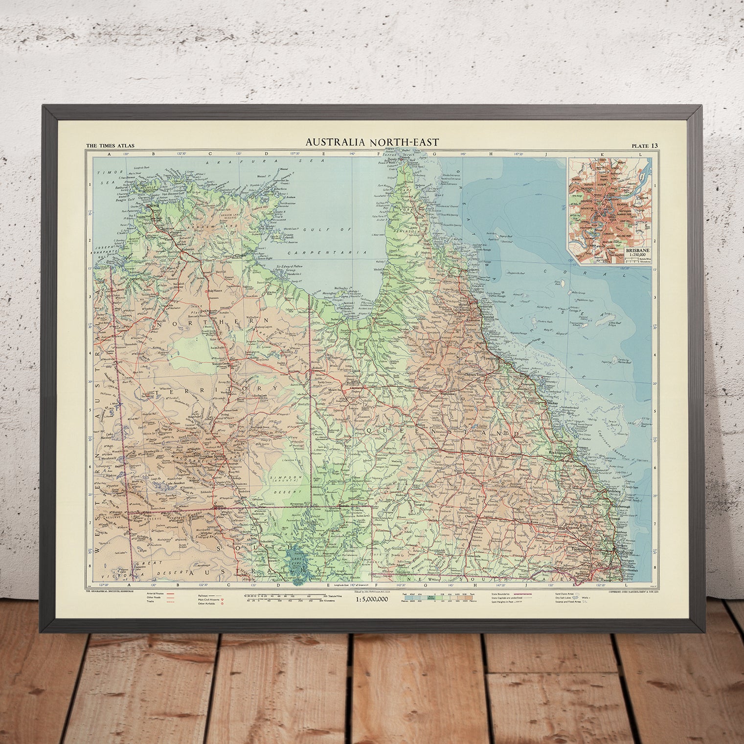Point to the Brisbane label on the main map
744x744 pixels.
point(623,552)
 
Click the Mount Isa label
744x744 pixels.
point(336,390)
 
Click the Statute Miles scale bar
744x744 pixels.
point(284,596)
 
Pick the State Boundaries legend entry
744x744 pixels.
point(509,592)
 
